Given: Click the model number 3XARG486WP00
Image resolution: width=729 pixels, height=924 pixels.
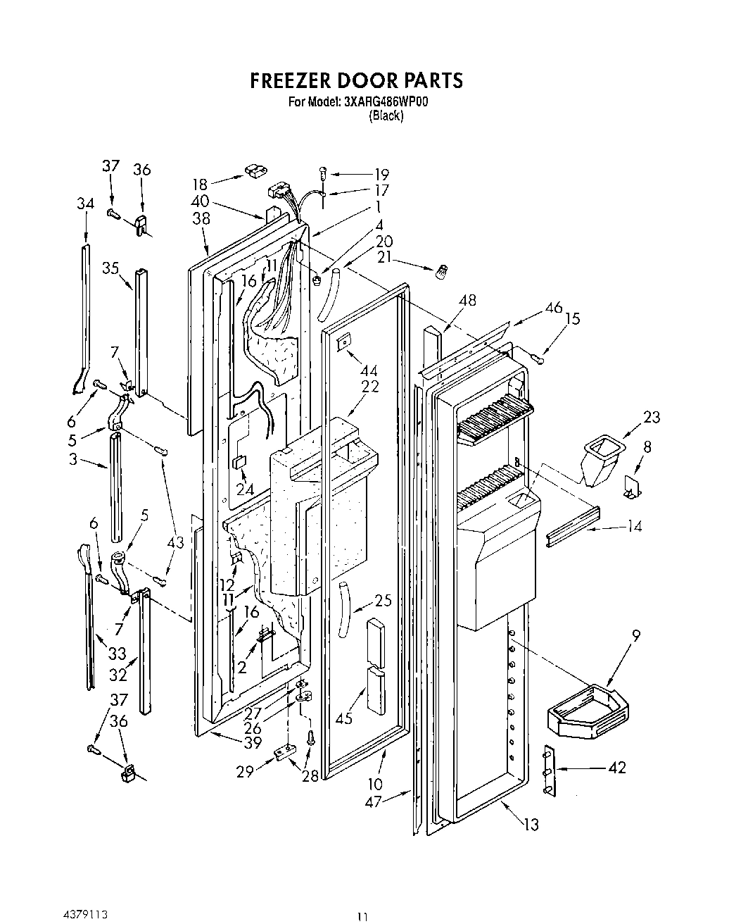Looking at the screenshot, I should coord(386,102).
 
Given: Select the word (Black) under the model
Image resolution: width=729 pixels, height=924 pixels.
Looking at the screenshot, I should coord(386,116).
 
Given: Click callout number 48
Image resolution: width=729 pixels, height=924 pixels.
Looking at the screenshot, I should coord(467,300).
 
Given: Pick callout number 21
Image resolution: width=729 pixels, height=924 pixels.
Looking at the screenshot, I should coord(383,258).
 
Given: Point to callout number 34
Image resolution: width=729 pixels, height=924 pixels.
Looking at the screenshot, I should coord(85,204).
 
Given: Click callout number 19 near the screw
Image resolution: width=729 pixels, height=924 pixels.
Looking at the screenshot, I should coord(381,174).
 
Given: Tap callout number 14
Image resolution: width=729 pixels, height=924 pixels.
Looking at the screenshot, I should coord(633,525).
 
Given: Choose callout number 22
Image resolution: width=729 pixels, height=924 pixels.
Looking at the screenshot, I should coord(370,386).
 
